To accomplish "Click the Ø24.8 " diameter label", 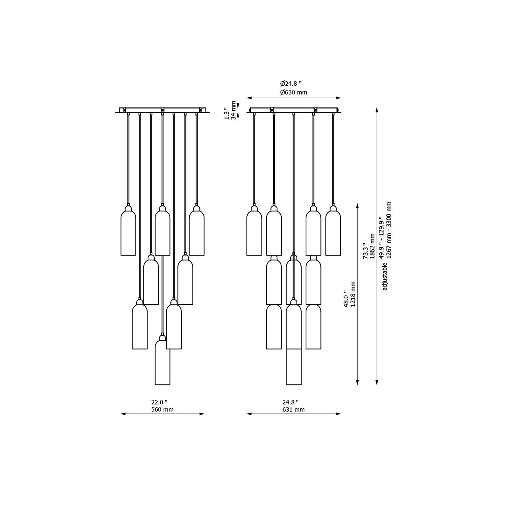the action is click(x=291, y=84).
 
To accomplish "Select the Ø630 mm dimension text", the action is click(x=293, y=92).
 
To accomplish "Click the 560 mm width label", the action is click(x=162, y=410).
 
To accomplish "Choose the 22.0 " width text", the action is click(x=159, y=402).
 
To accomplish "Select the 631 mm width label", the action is click(x=293, y=410).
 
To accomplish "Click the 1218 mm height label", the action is click(x=353, y=294).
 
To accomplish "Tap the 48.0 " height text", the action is click(x=346, y=299).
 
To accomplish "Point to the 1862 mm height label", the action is click(x=372, y=246).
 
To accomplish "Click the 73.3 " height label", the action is click(x=365, y=251).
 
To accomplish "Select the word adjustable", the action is click(x=385, y=276).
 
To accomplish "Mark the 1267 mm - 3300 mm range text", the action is click(x=389, y=230).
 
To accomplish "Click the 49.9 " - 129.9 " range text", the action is click(x=381, y=237).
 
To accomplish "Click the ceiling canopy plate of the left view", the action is click(x=162, y=110).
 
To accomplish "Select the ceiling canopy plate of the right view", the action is click(x=294, y=110).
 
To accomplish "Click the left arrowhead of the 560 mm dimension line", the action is click(x=122, y=414).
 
